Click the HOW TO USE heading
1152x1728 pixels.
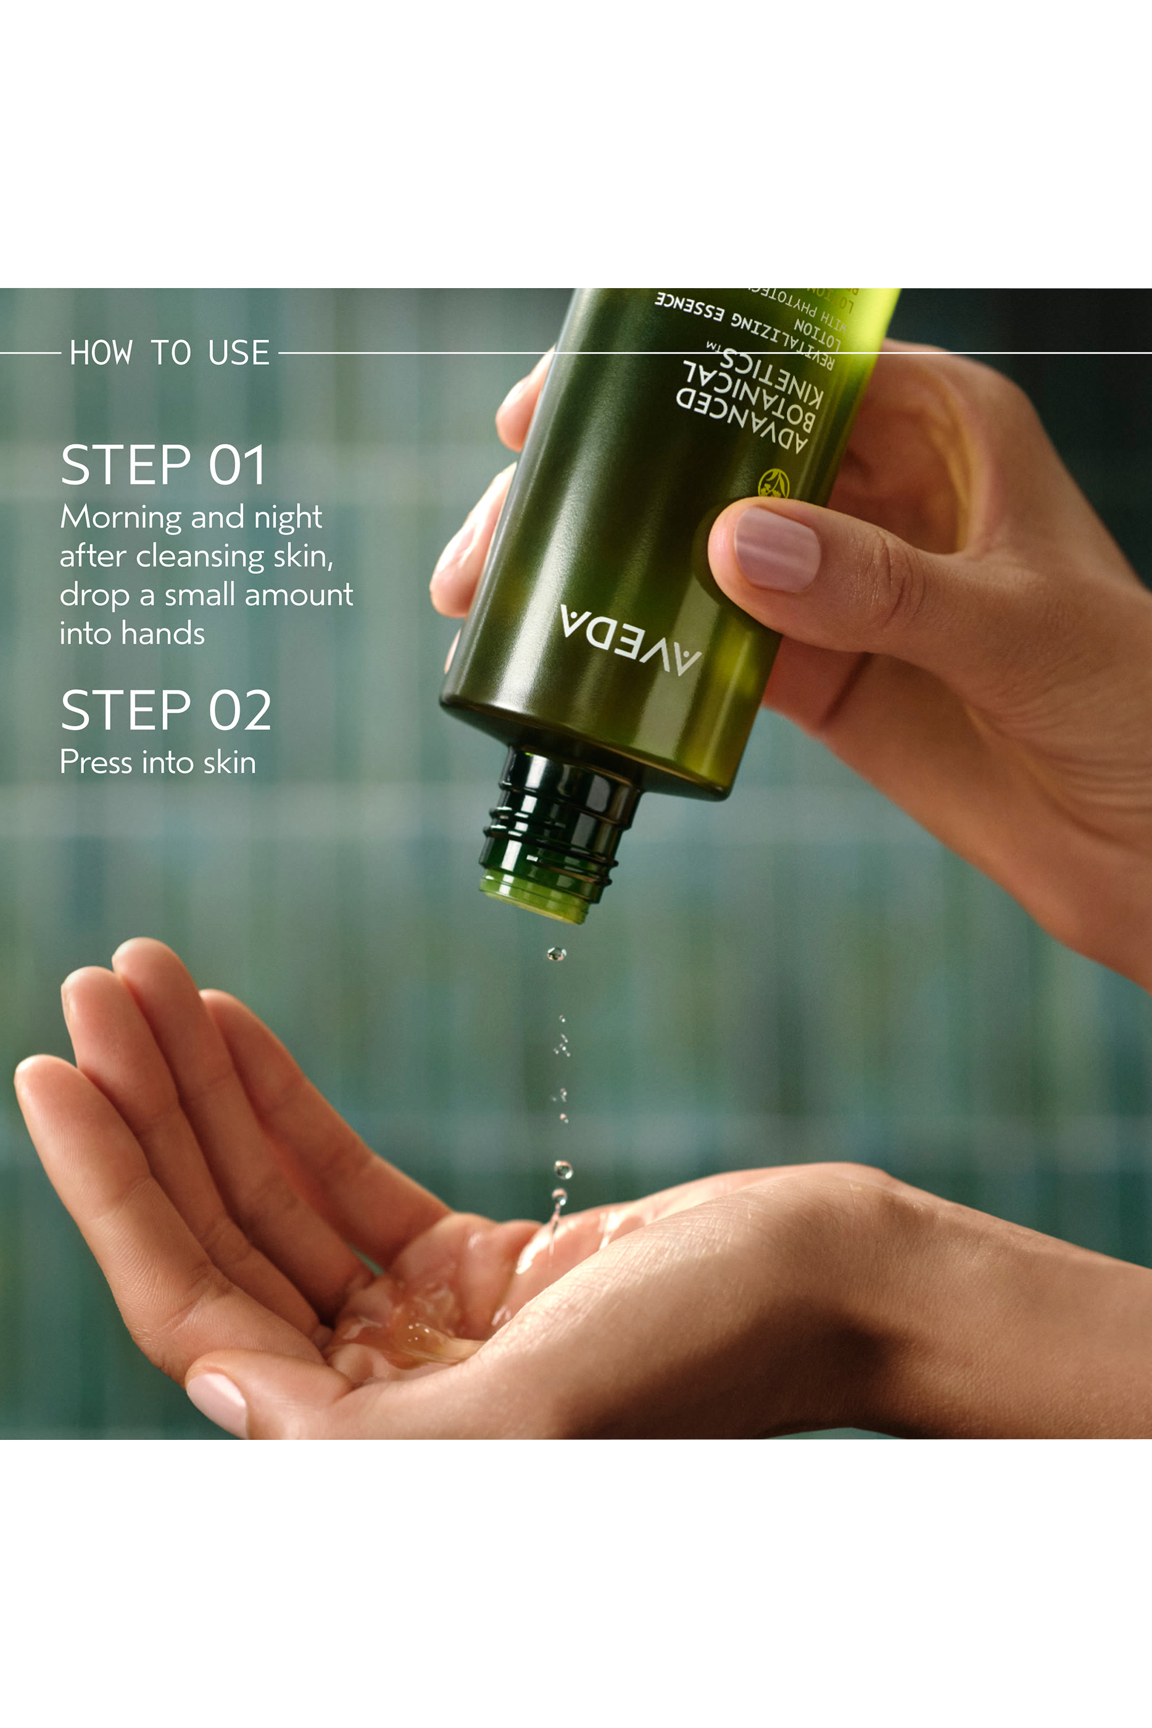[170, 352]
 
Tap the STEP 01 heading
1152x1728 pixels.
[163, 465]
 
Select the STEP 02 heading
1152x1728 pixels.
[166, 710]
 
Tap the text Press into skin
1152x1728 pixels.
[158, 762]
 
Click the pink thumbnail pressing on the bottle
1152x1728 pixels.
[777, 549]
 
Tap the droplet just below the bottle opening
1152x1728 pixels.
[556, 954]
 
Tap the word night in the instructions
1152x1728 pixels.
[288, 518]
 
